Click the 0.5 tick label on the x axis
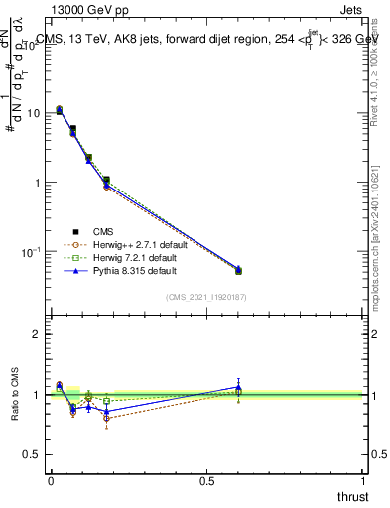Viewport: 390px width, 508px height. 206,480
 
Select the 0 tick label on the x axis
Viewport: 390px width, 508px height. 51,480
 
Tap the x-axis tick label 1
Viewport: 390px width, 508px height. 364,480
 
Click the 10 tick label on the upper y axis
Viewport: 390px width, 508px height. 32,113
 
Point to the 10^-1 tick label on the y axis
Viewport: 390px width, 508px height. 31,253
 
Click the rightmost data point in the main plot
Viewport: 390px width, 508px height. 238,270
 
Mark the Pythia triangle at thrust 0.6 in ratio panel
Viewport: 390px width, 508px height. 238,386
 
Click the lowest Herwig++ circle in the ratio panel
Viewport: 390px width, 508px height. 106,418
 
